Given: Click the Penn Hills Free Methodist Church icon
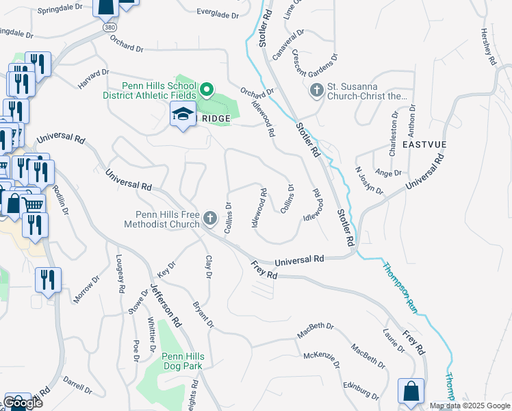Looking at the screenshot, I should click(210, 219).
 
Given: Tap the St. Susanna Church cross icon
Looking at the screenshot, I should click(316, 90).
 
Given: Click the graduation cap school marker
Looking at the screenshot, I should click(183, 115).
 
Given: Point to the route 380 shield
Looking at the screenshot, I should click(110, 27).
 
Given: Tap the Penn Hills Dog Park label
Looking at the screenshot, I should click(182, 361).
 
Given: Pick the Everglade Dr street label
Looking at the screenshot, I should click(218, 14).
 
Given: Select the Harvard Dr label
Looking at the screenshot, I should click(94, 77).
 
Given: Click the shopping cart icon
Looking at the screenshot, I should click(32, 204).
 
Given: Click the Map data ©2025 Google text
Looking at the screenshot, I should click(470, 406).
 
